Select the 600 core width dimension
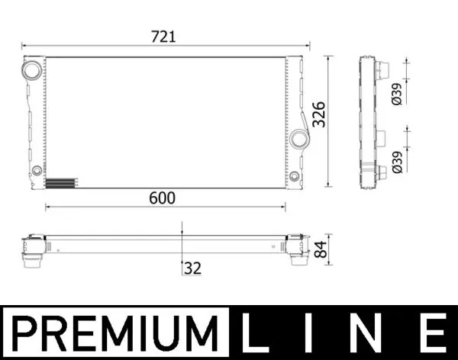(x=163, y=198)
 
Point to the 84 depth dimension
(x=320, y=248)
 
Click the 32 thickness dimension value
(x=192, y=268)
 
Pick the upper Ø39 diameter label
(x=396, y=92)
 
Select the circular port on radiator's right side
(x=298, y=138)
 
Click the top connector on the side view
(x=379, y=68)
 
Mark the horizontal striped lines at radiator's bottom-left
(x=62, y=183)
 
